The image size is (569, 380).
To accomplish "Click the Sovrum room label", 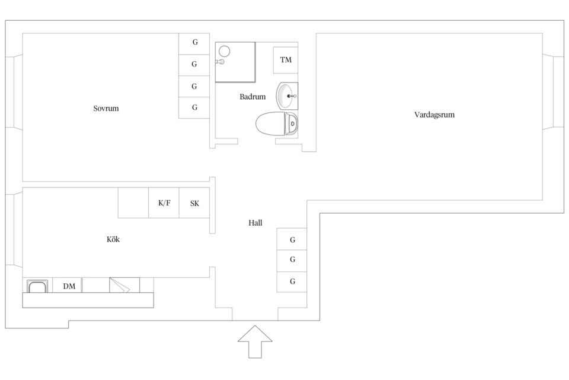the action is [106, 109].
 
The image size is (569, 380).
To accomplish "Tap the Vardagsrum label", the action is [434, 115].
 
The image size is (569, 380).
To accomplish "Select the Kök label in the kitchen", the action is [113, 239].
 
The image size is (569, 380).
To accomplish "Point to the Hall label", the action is [255, 223].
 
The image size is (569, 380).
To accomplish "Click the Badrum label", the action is [252, 97].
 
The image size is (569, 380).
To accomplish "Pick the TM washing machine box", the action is [286, 60].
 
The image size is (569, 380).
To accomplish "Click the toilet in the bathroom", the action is [277, 123].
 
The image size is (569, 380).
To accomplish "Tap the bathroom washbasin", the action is [287, 96].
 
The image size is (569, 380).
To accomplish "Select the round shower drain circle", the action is [225, 51].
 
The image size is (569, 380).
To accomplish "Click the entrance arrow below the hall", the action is [255, 341].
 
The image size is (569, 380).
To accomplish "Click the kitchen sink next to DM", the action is [37, 286].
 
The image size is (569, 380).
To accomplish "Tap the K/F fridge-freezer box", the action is [164, 203].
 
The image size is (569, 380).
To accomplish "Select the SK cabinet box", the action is [194, 203].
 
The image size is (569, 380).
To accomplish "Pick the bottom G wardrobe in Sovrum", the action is [194, 107].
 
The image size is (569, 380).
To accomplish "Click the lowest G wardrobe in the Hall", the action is [292, 282].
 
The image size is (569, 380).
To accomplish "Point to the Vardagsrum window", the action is [554, 92].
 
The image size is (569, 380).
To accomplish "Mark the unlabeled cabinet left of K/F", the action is [133, 203].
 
